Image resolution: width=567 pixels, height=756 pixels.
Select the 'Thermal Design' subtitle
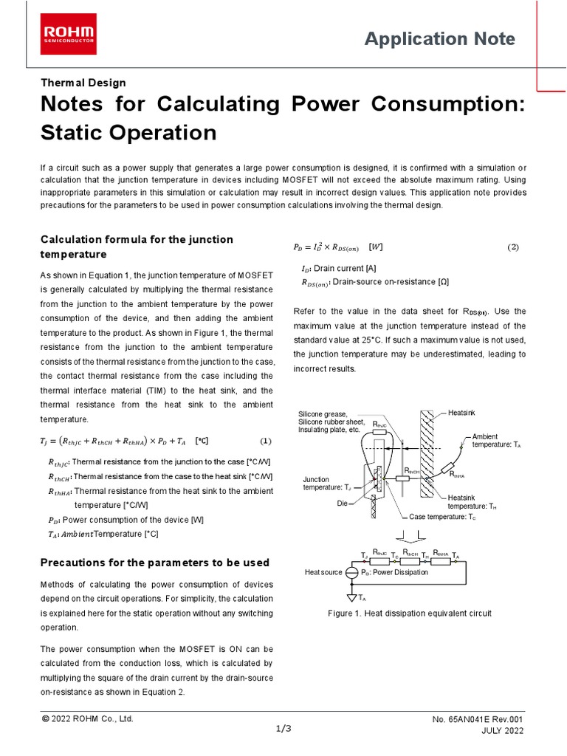tap(83, 83)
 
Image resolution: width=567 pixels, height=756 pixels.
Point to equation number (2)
tap(514, 247)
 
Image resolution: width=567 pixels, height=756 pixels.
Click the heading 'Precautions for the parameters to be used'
tap(154, 563)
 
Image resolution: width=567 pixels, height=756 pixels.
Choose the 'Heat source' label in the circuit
tap(323, 572)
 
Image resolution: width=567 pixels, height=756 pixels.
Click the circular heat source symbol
tap(352, 572)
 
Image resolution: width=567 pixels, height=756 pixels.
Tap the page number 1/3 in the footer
tap(283, 729)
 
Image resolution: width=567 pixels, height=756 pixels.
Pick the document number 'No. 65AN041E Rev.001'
tap(478, 719)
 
